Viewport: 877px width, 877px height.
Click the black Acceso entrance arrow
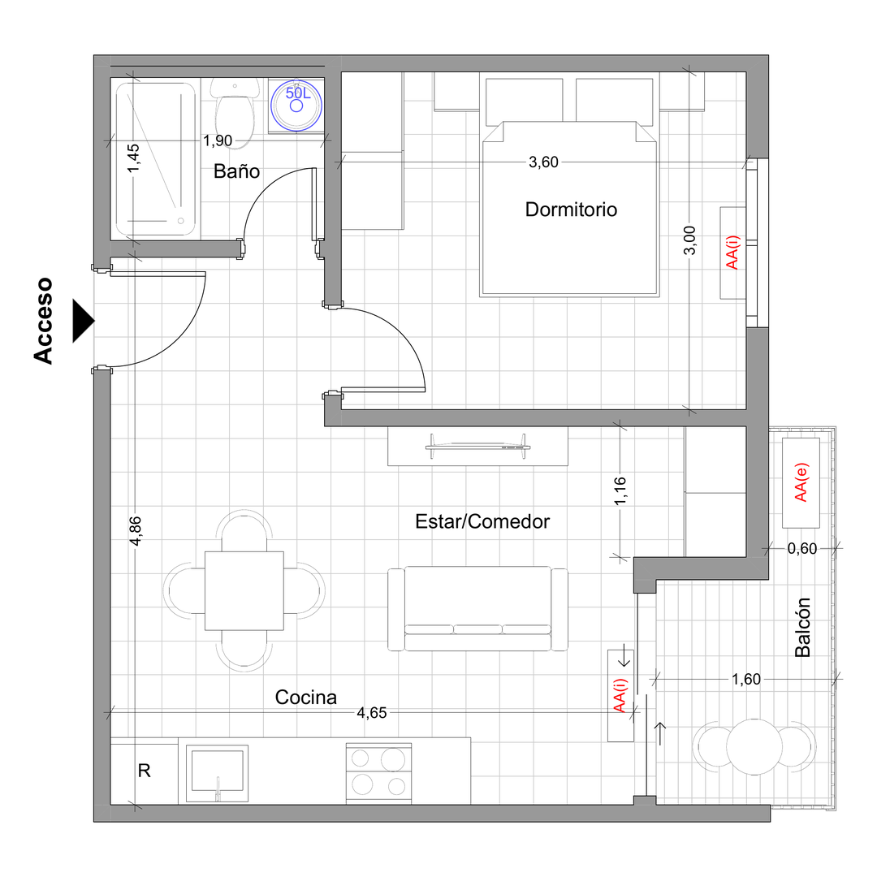[83, 321]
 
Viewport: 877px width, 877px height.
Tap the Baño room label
[236, 171]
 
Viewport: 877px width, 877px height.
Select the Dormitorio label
[571, 210]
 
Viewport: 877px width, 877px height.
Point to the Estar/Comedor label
[482, 521]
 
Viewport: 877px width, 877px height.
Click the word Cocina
[306, 698]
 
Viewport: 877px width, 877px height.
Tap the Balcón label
[802, 627]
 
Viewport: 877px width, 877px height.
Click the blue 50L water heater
[296, 105]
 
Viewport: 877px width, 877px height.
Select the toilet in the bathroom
[235, 114]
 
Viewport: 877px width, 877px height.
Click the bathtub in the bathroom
[155, 159]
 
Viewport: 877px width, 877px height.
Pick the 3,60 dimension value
[543, 162]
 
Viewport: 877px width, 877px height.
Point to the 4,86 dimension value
[136, 531]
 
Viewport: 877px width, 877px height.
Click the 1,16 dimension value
[620, 491]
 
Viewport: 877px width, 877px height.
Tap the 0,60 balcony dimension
[802, 549]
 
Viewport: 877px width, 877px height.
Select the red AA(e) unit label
[801, 482]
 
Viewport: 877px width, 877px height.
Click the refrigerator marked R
[145, 771]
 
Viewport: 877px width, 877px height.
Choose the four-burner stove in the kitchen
[378, 774]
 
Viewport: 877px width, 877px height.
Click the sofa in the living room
[477, 608]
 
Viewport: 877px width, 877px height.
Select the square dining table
[244, 590]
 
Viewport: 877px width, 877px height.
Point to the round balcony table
[754, 747]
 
